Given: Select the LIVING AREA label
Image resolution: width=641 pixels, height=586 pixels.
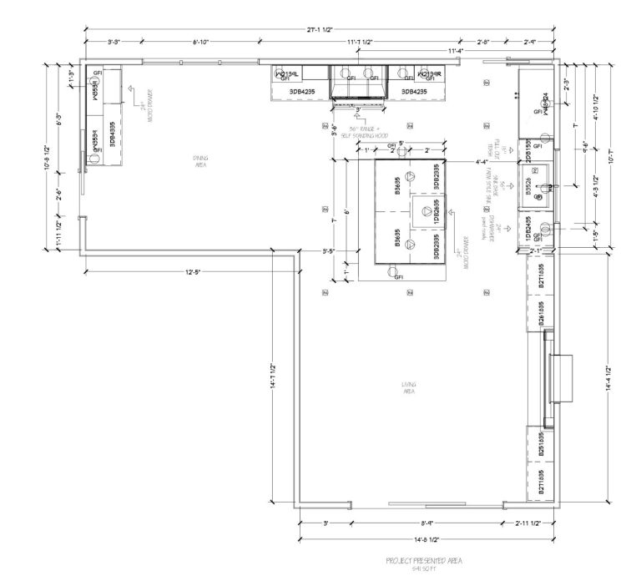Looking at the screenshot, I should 408,387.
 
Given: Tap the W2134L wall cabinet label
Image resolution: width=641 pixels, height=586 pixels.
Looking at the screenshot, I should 287,73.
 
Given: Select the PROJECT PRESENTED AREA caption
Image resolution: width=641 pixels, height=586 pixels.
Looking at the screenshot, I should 424,561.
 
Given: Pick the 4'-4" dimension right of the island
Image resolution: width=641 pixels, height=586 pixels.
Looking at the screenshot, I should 482,161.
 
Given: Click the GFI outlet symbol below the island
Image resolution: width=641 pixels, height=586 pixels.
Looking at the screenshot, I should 398,275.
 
